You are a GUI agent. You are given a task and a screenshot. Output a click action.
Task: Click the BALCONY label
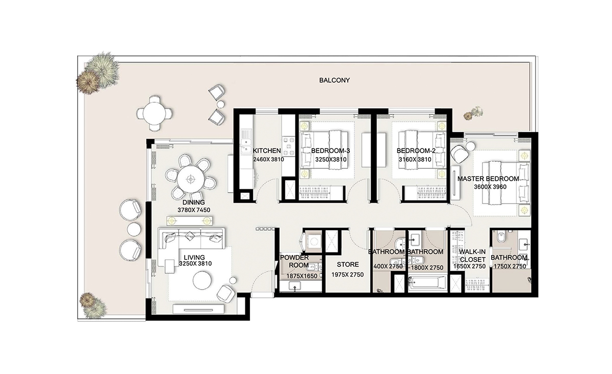[x=335, y=80]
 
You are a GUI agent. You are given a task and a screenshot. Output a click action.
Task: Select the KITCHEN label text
[x=267, y=151]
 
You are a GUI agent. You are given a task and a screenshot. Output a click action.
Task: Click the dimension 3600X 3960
[x=488, y=187]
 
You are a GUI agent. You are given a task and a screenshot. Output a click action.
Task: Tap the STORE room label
[x=347, y=265]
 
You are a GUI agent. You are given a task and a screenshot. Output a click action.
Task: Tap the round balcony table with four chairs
[x=154, y=112]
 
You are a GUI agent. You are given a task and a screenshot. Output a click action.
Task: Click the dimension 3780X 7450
[x=194, y=210]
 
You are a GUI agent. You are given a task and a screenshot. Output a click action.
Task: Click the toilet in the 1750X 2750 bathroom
[x=500, y=237]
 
